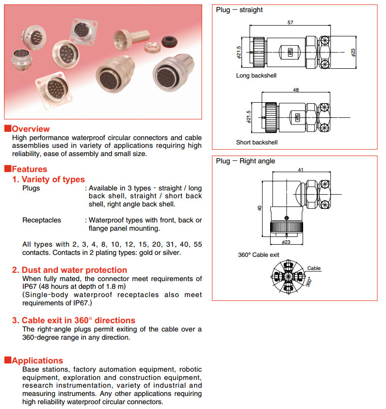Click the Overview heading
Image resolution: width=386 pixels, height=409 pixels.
point(31,129)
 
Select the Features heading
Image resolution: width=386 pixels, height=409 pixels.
point(30,169)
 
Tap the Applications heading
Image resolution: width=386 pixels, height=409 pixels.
point(37,361)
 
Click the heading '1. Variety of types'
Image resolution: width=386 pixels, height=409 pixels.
point(48,179)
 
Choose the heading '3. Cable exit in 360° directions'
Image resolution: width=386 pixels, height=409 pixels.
point(74,320)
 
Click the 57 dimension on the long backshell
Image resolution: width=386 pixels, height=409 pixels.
point(290,22)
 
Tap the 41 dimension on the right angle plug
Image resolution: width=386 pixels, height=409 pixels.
point(300,170)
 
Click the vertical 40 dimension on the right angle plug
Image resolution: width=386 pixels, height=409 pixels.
point(259,208)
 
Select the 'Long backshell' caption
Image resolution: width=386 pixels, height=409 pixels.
point(256,76)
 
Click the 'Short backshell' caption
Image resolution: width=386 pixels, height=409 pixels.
point(257,142)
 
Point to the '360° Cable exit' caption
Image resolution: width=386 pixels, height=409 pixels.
point(258,255)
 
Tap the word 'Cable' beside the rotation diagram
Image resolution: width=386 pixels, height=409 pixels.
point(314,268)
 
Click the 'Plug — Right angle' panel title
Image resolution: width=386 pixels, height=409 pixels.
point(245,161)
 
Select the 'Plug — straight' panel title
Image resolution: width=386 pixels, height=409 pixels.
point(240,10)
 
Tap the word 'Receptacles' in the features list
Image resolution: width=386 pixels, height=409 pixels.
point(42,220)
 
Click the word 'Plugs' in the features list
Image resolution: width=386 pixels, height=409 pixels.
point(31,188)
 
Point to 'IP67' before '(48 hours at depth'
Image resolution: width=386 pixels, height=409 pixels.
point(31,286)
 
